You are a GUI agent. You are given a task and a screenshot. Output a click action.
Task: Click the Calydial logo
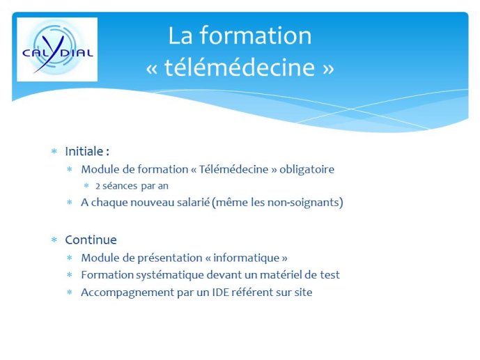tap(57, 49)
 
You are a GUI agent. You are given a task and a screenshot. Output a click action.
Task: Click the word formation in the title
tap(256, 36)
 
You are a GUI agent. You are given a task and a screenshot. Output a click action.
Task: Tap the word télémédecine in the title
tap(240, 68)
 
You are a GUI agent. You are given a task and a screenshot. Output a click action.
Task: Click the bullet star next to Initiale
tap(54, 151)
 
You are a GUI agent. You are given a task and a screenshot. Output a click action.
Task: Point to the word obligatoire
tap(307, 169)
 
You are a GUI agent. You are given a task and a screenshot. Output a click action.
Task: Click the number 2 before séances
tap(98, 186)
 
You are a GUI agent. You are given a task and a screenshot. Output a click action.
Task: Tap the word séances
tap(120, 186)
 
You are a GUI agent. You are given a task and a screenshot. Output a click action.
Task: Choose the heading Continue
tap(91, 240)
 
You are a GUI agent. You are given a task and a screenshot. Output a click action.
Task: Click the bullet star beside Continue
tap(54, 240)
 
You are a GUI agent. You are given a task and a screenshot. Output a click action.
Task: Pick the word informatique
tap(247, 258)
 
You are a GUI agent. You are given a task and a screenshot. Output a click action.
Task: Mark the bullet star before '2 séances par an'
tap(86, 186)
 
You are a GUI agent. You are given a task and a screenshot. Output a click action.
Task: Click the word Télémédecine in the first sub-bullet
tap(233, 169)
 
